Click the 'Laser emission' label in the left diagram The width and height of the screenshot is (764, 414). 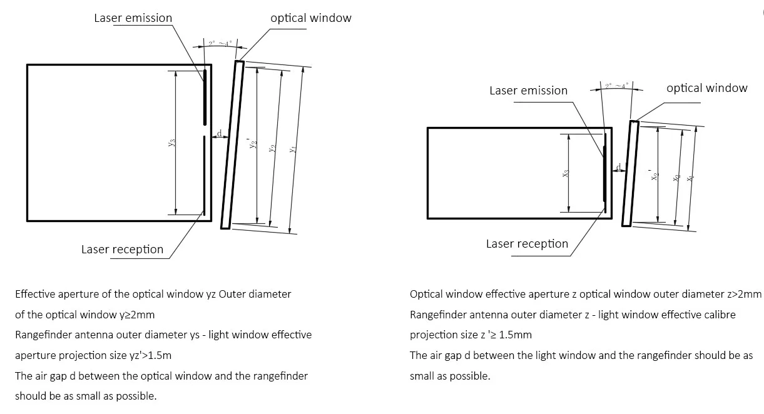coord(133,18)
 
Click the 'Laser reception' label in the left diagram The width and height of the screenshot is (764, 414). coord(122,250)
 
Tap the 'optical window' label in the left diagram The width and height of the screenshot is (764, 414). coord(310,18)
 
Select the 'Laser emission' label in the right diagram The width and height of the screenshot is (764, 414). coord(528,91)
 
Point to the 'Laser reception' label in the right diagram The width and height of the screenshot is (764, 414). coord(527,244)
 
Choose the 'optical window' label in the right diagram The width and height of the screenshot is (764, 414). coord(706,88)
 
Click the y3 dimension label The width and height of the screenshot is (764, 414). coord(171,143)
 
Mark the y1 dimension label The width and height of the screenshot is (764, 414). coord(292,150)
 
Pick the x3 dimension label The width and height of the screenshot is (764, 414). coord(565,174)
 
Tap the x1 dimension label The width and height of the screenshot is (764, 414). coord(690,178)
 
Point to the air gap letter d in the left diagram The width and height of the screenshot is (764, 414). coord(219,132)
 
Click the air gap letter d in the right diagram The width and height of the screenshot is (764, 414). coord(618,166)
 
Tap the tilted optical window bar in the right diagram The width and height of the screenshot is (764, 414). coord(631,173)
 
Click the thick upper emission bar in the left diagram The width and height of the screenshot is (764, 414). coord(204,97)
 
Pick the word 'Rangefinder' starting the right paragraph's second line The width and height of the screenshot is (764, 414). coord(437,315)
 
